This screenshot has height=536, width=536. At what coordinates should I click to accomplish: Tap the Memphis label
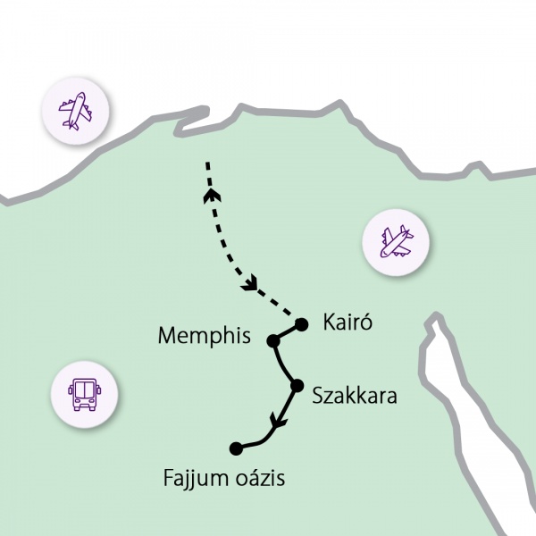206,336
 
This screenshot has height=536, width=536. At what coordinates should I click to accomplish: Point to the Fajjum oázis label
224,478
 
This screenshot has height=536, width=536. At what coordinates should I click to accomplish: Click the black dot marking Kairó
301,324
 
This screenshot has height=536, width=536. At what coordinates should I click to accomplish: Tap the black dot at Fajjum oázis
236,448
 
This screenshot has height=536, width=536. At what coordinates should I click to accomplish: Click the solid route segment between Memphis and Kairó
288,332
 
